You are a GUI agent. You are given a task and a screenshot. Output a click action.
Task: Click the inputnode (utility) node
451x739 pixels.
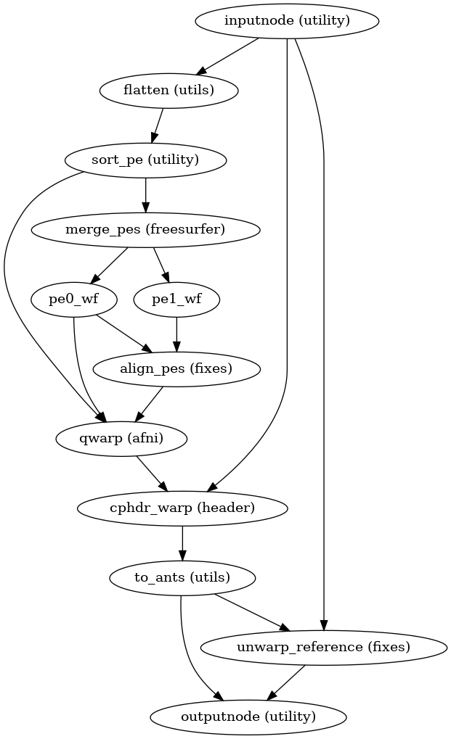point(287,20)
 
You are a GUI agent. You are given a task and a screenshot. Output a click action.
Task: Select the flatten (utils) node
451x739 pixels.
point(168,90)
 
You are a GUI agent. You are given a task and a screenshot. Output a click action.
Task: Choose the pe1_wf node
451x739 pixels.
point(176,299)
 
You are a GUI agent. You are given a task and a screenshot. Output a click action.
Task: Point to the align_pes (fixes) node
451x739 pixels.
point(176,368)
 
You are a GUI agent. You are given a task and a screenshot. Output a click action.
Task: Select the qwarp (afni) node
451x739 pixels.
point(121,438)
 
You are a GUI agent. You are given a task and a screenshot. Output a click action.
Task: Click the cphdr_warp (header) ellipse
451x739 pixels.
point(182,508)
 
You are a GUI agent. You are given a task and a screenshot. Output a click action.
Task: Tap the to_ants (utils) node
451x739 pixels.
point(182,577)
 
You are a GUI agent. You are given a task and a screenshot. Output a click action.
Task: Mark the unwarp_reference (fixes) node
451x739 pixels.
point(324,647)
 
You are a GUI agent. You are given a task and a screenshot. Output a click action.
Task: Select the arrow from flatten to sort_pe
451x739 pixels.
point(158,125)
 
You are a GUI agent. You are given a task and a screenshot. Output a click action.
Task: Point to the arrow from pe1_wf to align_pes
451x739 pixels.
point(176,334)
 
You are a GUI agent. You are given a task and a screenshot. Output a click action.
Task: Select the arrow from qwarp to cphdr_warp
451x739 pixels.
point(152,473)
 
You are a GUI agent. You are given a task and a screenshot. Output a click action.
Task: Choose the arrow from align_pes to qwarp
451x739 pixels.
point(149,403)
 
